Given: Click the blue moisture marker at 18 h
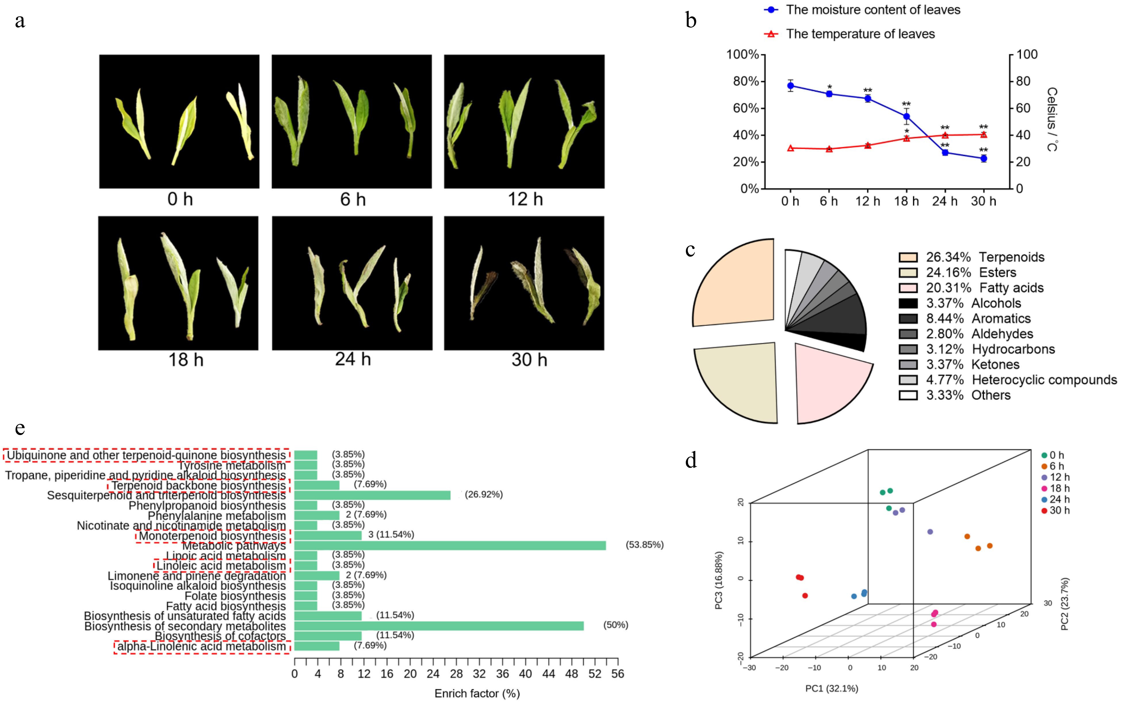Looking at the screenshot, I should [906, 117].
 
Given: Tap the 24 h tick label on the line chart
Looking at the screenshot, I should [944, 201].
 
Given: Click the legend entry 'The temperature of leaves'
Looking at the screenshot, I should [860, 34].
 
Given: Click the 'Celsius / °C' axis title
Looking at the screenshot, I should [1052, 119].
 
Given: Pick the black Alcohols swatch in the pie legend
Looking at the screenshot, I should [908, 303].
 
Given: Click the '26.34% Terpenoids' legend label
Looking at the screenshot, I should [985, 257].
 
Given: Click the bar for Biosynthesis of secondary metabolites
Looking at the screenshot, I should [439, 626].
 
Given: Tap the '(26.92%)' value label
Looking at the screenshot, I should [484, 494].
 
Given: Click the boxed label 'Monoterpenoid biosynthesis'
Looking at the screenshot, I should [212, 536].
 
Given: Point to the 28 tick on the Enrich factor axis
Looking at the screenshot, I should [456, 673].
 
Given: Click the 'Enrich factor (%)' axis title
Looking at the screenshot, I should [477, 693].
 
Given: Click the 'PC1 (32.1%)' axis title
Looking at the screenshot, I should [831, 688].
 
